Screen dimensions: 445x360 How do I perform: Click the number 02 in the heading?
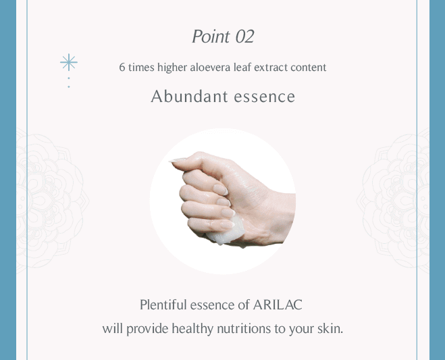[x=244, y=36]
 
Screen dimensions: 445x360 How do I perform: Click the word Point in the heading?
[x=211, y=36]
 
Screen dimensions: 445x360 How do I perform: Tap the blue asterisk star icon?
[x=69, y=62]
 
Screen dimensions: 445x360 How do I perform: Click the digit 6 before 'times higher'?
[x=122, y=68]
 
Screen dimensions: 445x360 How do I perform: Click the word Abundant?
[x=189, y=97]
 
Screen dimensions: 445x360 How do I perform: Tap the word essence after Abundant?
[x=265, y=97]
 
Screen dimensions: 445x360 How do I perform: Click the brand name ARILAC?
[x=278, y=305]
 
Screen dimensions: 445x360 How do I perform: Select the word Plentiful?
[x=163, y=305]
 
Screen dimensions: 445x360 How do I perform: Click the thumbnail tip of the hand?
[x=174, y=161]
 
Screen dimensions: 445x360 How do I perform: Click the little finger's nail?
[x=228, y=225]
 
